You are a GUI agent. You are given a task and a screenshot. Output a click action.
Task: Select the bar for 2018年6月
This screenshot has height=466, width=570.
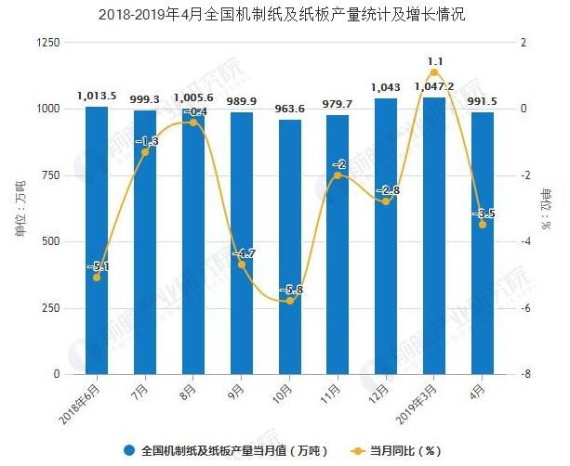coord(97,241)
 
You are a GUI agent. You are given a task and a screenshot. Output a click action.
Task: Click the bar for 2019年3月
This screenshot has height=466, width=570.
coord(434,237)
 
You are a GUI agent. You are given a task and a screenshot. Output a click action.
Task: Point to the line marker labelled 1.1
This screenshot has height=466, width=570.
coord(434,72)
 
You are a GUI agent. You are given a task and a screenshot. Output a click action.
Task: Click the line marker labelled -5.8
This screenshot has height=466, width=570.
coord(289,301)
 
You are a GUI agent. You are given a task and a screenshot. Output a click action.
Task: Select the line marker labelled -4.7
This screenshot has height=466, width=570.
coord(242,265)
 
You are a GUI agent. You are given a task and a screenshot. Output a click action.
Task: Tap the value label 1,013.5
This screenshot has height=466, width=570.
coord(96,94)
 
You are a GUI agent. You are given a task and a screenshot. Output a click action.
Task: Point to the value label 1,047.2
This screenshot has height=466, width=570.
coord(434,85)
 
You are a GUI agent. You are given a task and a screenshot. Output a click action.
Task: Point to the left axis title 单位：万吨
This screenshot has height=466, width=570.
coord(20,208)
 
